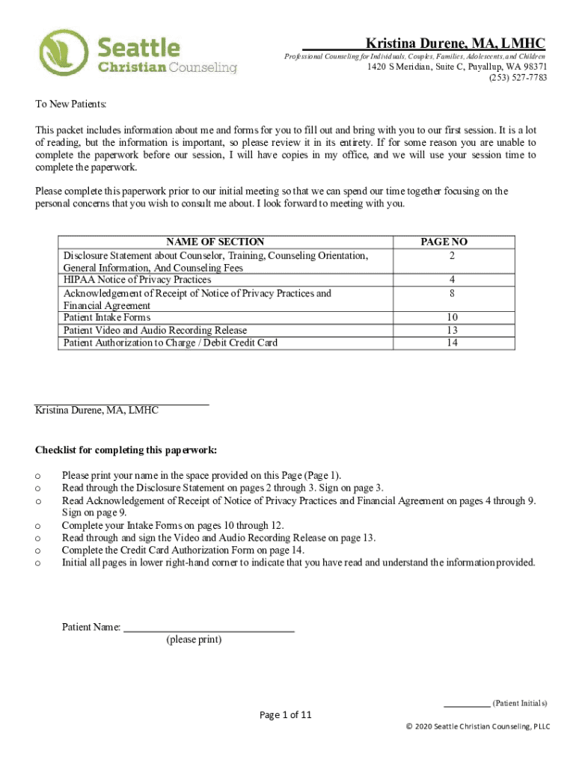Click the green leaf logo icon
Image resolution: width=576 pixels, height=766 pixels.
click(64, 52)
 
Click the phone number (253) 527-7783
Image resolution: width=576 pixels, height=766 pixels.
click(518, 78)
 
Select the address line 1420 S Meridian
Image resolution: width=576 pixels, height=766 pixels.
click(456, 67)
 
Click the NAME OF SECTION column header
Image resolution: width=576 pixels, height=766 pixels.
click(215, 242)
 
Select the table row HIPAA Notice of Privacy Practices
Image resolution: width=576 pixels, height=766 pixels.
click(137, 280)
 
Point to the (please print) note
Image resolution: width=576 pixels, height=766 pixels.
click(194, 640)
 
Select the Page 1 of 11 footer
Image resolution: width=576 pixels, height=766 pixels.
click(285, 715)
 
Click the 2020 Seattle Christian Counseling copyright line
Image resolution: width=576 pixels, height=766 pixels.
click(477, 726)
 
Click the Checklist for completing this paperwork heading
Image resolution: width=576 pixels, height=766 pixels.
click(126, 450)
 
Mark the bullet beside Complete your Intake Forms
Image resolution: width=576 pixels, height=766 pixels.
click(37, 526)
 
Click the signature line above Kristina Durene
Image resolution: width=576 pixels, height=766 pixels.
click(122, 405)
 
